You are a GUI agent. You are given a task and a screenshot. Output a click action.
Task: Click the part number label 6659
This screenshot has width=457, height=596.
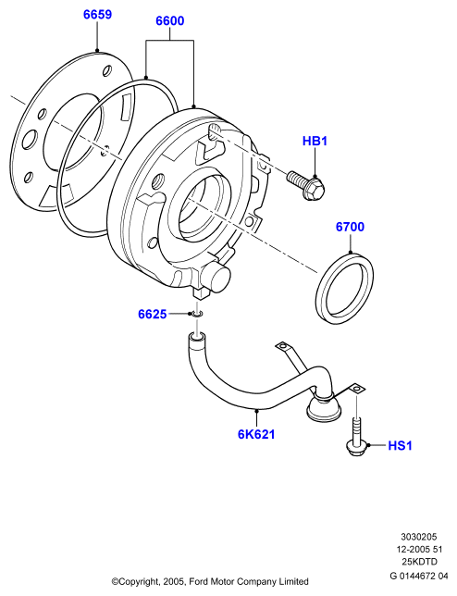point(98,15)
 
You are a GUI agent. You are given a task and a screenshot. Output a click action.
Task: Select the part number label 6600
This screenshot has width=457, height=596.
point(170,21)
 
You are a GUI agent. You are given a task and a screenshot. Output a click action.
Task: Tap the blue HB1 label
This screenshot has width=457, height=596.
point(315,141)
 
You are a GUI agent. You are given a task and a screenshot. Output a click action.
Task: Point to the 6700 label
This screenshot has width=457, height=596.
point(350,227)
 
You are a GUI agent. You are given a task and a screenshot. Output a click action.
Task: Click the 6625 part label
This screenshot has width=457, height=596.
point(153,315)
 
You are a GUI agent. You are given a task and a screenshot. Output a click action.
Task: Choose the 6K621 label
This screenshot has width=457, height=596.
point(256,434)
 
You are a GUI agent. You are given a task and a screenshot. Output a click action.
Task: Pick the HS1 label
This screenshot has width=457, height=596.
point(400,445)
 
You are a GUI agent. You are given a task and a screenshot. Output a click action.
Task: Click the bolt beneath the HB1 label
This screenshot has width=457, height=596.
point(305,185)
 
